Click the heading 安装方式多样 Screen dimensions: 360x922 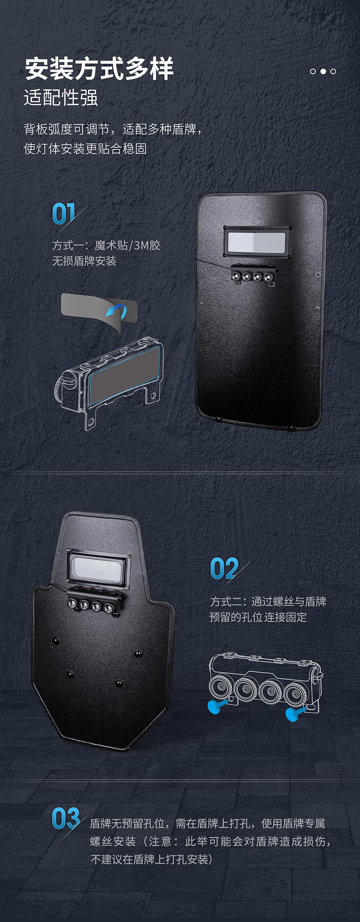[99, 69]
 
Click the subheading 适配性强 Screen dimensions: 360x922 [61, 98]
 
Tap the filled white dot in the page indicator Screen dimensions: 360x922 [323, 71]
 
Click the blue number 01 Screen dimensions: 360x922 [63, 213]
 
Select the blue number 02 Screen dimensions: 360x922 [224, 569]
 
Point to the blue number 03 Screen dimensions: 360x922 [66, 819]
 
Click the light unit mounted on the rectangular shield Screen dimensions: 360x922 [254, 275]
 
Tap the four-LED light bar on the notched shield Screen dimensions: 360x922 [95, 603]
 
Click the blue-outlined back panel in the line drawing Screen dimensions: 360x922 [125, 374]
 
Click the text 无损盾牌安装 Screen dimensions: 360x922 [84, 261]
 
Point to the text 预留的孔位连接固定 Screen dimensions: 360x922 [258, 618]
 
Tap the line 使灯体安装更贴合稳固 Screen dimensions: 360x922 [85, 149]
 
